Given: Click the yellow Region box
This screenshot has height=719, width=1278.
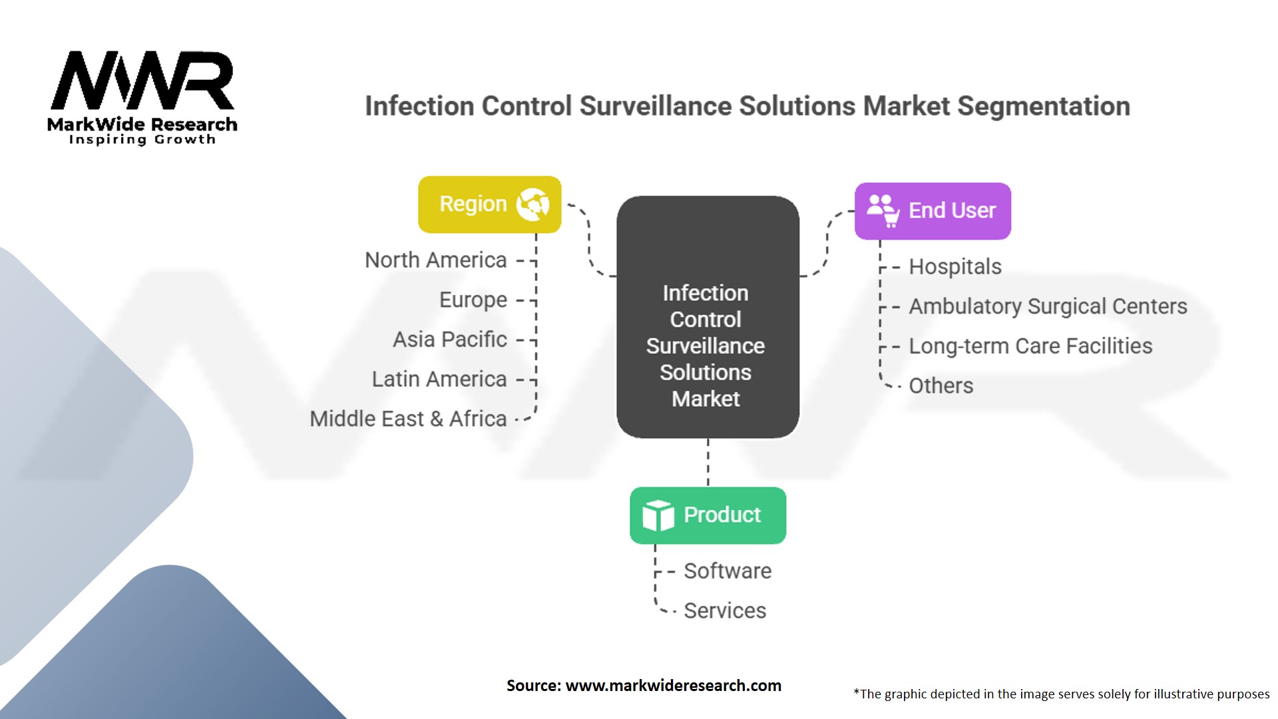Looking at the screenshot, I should (x=489, y=204).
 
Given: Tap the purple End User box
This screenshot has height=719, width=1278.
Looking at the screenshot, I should (x=933, y=211).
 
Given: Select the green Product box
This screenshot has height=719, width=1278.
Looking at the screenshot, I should (x=708, y=515).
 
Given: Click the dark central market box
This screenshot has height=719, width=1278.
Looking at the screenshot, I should (x=708, y=317).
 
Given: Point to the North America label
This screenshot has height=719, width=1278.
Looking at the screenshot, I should (x=435, y=260).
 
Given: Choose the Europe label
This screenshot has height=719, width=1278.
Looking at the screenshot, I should (x=473, y=300).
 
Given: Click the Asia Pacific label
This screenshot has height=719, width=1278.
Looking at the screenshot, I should (x=449, y=340).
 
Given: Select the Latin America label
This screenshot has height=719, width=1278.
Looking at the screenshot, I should (x=439, y=379).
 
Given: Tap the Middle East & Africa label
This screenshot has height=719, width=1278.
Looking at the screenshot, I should (x=408, y=419).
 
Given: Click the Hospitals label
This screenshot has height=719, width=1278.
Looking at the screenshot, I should (x=955, y=267).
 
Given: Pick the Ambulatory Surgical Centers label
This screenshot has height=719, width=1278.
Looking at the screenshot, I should (x=1048, y=307).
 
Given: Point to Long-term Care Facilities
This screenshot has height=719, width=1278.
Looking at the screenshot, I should (x=1030, y=346).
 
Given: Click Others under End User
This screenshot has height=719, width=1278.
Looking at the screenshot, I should (x=941, y=386).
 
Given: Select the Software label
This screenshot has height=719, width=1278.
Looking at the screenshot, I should (x=728, y=571).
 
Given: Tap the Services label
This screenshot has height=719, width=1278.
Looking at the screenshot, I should (x=725, y=611).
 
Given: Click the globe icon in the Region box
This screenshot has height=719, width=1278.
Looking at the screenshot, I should (x=533, y=204).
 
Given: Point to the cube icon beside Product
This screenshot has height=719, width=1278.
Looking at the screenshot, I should (x=658, y=515).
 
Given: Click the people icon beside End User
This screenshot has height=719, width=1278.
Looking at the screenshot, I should (x=883, y=210).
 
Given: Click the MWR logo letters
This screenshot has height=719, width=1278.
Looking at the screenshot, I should (x=142, y=81).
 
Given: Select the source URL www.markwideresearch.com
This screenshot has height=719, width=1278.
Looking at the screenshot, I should (x=673, y=686).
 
